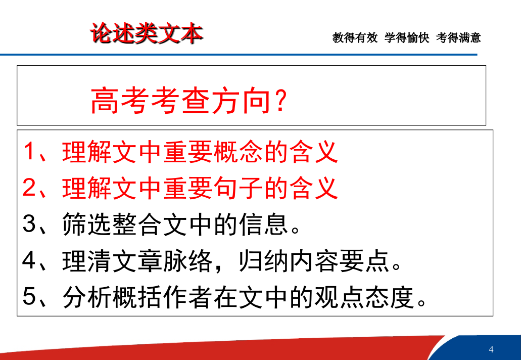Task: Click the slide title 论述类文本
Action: [x=147, y=33]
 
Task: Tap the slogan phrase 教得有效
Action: [x=355, y=37]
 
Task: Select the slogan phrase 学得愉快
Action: [x=407, y=37]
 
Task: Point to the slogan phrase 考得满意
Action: [x=458, y=37]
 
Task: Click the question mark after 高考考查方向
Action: [x=281, y=101]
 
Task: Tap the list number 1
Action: [x=29, y=152]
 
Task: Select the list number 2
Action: [x=29, y=188]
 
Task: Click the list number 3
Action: [x=29, y=223]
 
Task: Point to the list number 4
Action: [x=29, y=260]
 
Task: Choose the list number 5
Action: [x=29, y=296]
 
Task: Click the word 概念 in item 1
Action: [x=239, y=152]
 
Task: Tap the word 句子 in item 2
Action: [x=239, y=188]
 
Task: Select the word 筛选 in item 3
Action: [x=87, y=224]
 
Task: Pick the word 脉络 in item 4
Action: [x=188, y=260]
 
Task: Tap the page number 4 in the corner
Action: [x=491, y=349]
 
